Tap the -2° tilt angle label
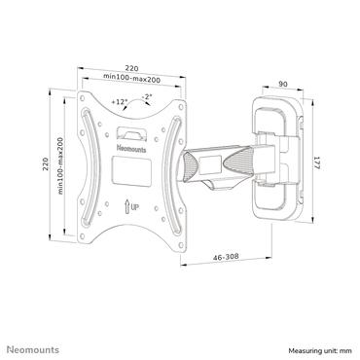click(x=145, y=97)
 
